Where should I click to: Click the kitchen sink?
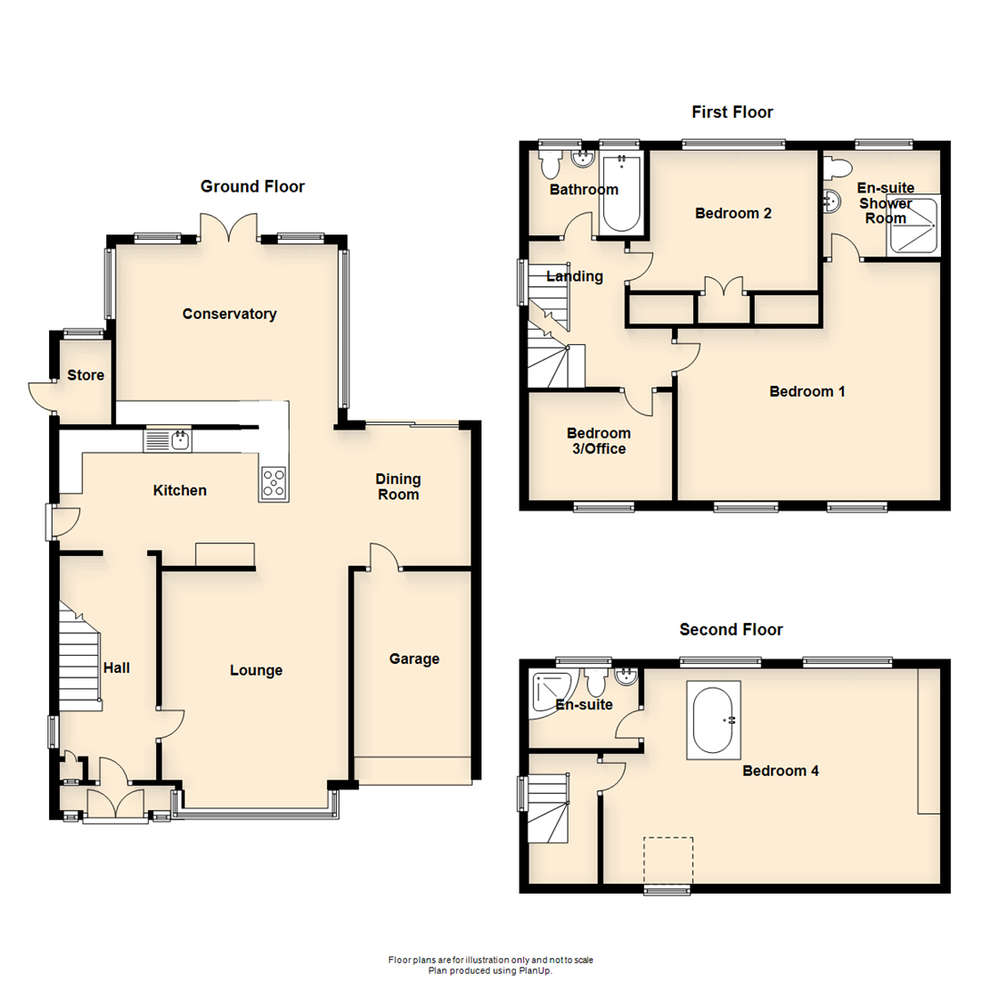pos(168,441)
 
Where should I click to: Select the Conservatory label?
pos(229,314)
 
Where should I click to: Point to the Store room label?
pos(85,375)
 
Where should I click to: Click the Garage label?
pos(414,659)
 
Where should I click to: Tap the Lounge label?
pos(256,670)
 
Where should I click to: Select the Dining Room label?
pos(399,487)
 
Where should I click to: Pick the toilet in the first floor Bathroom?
pos(550,165)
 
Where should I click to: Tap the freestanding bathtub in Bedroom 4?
pos(714,719)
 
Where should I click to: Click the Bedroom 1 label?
pos(808,391)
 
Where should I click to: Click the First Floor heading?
pos(732,112)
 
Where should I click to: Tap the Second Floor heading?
pos(731,629)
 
